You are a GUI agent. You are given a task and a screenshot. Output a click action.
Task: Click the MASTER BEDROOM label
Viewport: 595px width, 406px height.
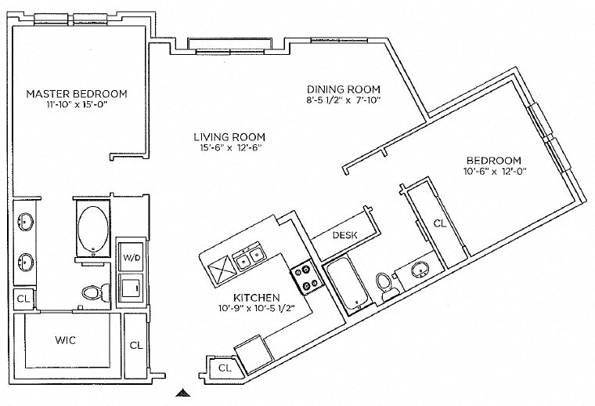point(77,93)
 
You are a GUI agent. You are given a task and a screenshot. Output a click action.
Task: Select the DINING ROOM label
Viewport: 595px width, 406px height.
point(343,89)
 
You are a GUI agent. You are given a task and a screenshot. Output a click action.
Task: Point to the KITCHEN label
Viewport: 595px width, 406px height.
point(257,298)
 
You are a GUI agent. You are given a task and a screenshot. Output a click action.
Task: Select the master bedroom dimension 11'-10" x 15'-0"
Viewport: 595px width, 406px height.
point(77,106)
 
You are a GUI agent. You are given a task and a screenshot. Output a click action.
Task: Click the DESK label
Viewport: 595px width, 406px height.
point(344,234)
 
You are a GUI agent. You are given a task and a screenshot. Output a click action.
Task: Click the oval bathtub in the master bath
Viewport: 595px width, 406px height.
point(94,228)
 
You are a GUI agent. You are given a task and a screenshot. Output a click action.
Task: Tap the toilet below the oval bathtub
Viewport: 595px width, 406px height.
point(93,292)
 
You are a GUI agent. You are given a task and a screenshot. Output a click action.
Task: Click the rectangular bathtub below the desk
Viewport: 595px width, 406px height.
point(344,285)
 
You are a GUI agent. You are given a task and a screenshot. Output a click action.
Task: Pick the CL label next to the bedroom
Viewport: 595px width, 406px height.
point(440,223)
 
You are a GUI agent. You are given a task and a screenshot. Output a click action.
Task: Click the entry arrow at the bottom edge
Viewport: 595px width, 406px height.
point(182,393)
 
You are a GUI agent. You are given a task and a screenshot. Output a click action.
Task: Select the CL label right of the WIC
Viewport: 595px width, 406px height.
point(135,345)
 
